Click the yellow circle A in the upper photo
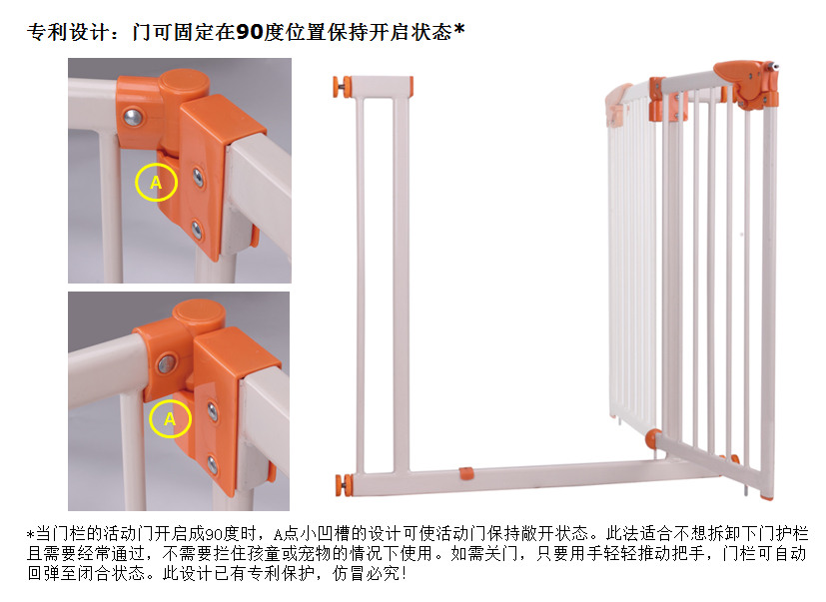136,182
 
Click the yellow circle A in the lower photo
150,418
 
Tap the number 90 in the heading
249,32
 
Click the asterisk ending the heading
459,28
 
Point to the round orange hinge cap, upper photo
185,83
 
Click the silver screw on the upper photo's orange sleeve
133,117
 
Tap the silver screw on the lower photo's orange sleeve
167,362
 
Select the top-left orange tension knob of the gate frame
342,87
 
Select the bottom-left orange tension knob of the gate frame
345,484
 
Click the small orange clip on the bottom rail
466,472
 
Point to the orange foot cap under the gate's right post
767,496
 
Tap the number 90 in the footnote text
214,534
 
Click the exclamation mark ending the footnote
405,573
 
